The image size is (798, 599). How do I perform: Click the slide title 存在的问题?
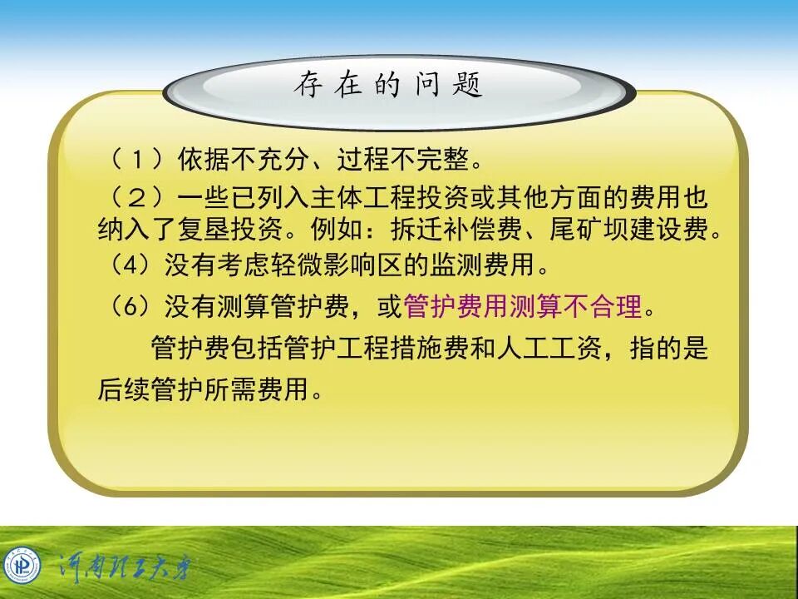[x=387, y=85]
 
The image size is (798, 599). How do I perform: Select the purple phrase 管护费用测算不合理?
[x=523, y=307]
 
